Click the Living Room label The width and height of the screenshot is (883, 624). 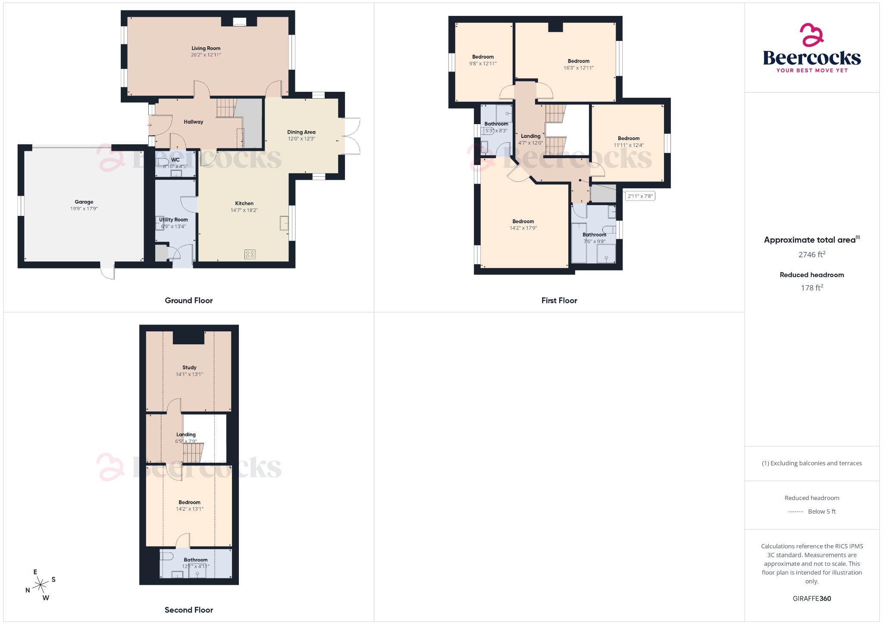tap(206, 48)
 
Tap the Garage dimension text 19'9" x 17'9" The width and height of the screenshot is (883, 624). tap(84, 209)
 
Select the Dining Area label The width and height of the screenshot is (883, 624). tap(301, 132)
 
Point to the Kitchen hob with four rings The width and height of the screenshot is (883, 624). tap(250, 254)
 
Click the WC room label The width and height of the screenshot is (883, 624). tap(175, 160)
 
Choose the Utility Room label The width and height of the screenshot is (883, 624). tap(173, 220)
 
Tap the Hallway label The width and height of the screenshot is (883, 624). tap(193, 122)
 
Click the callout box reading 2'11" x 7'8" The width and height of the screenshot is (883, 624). tap(640, 196)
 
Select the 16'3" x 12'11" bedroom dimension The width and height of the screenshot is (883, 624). tap(579, 68)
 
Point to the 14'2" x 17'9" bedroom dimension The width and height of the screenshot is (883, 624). tap(523, 228)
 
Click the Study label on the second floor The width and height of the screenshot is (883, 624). tap(189, 368)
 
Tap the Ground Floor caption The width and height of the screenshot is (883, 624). tap(189, 300)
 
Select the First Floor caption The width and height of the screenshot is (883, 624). tap(559, 300)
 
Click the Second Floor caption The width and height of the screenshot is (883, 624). tap(189, 610)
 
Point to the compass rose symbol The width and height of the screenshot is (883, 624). tap(41, 585)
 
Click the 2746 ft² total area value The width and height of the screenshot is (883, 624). tap(811, 254)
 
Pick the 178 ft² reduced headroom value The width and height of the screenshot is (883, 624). tap(811, 287)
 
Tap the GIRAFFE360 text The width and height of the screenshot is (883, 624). tap(811, 598)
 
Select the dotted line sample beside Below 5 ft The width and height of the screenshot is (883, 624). tap(795, 512)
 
